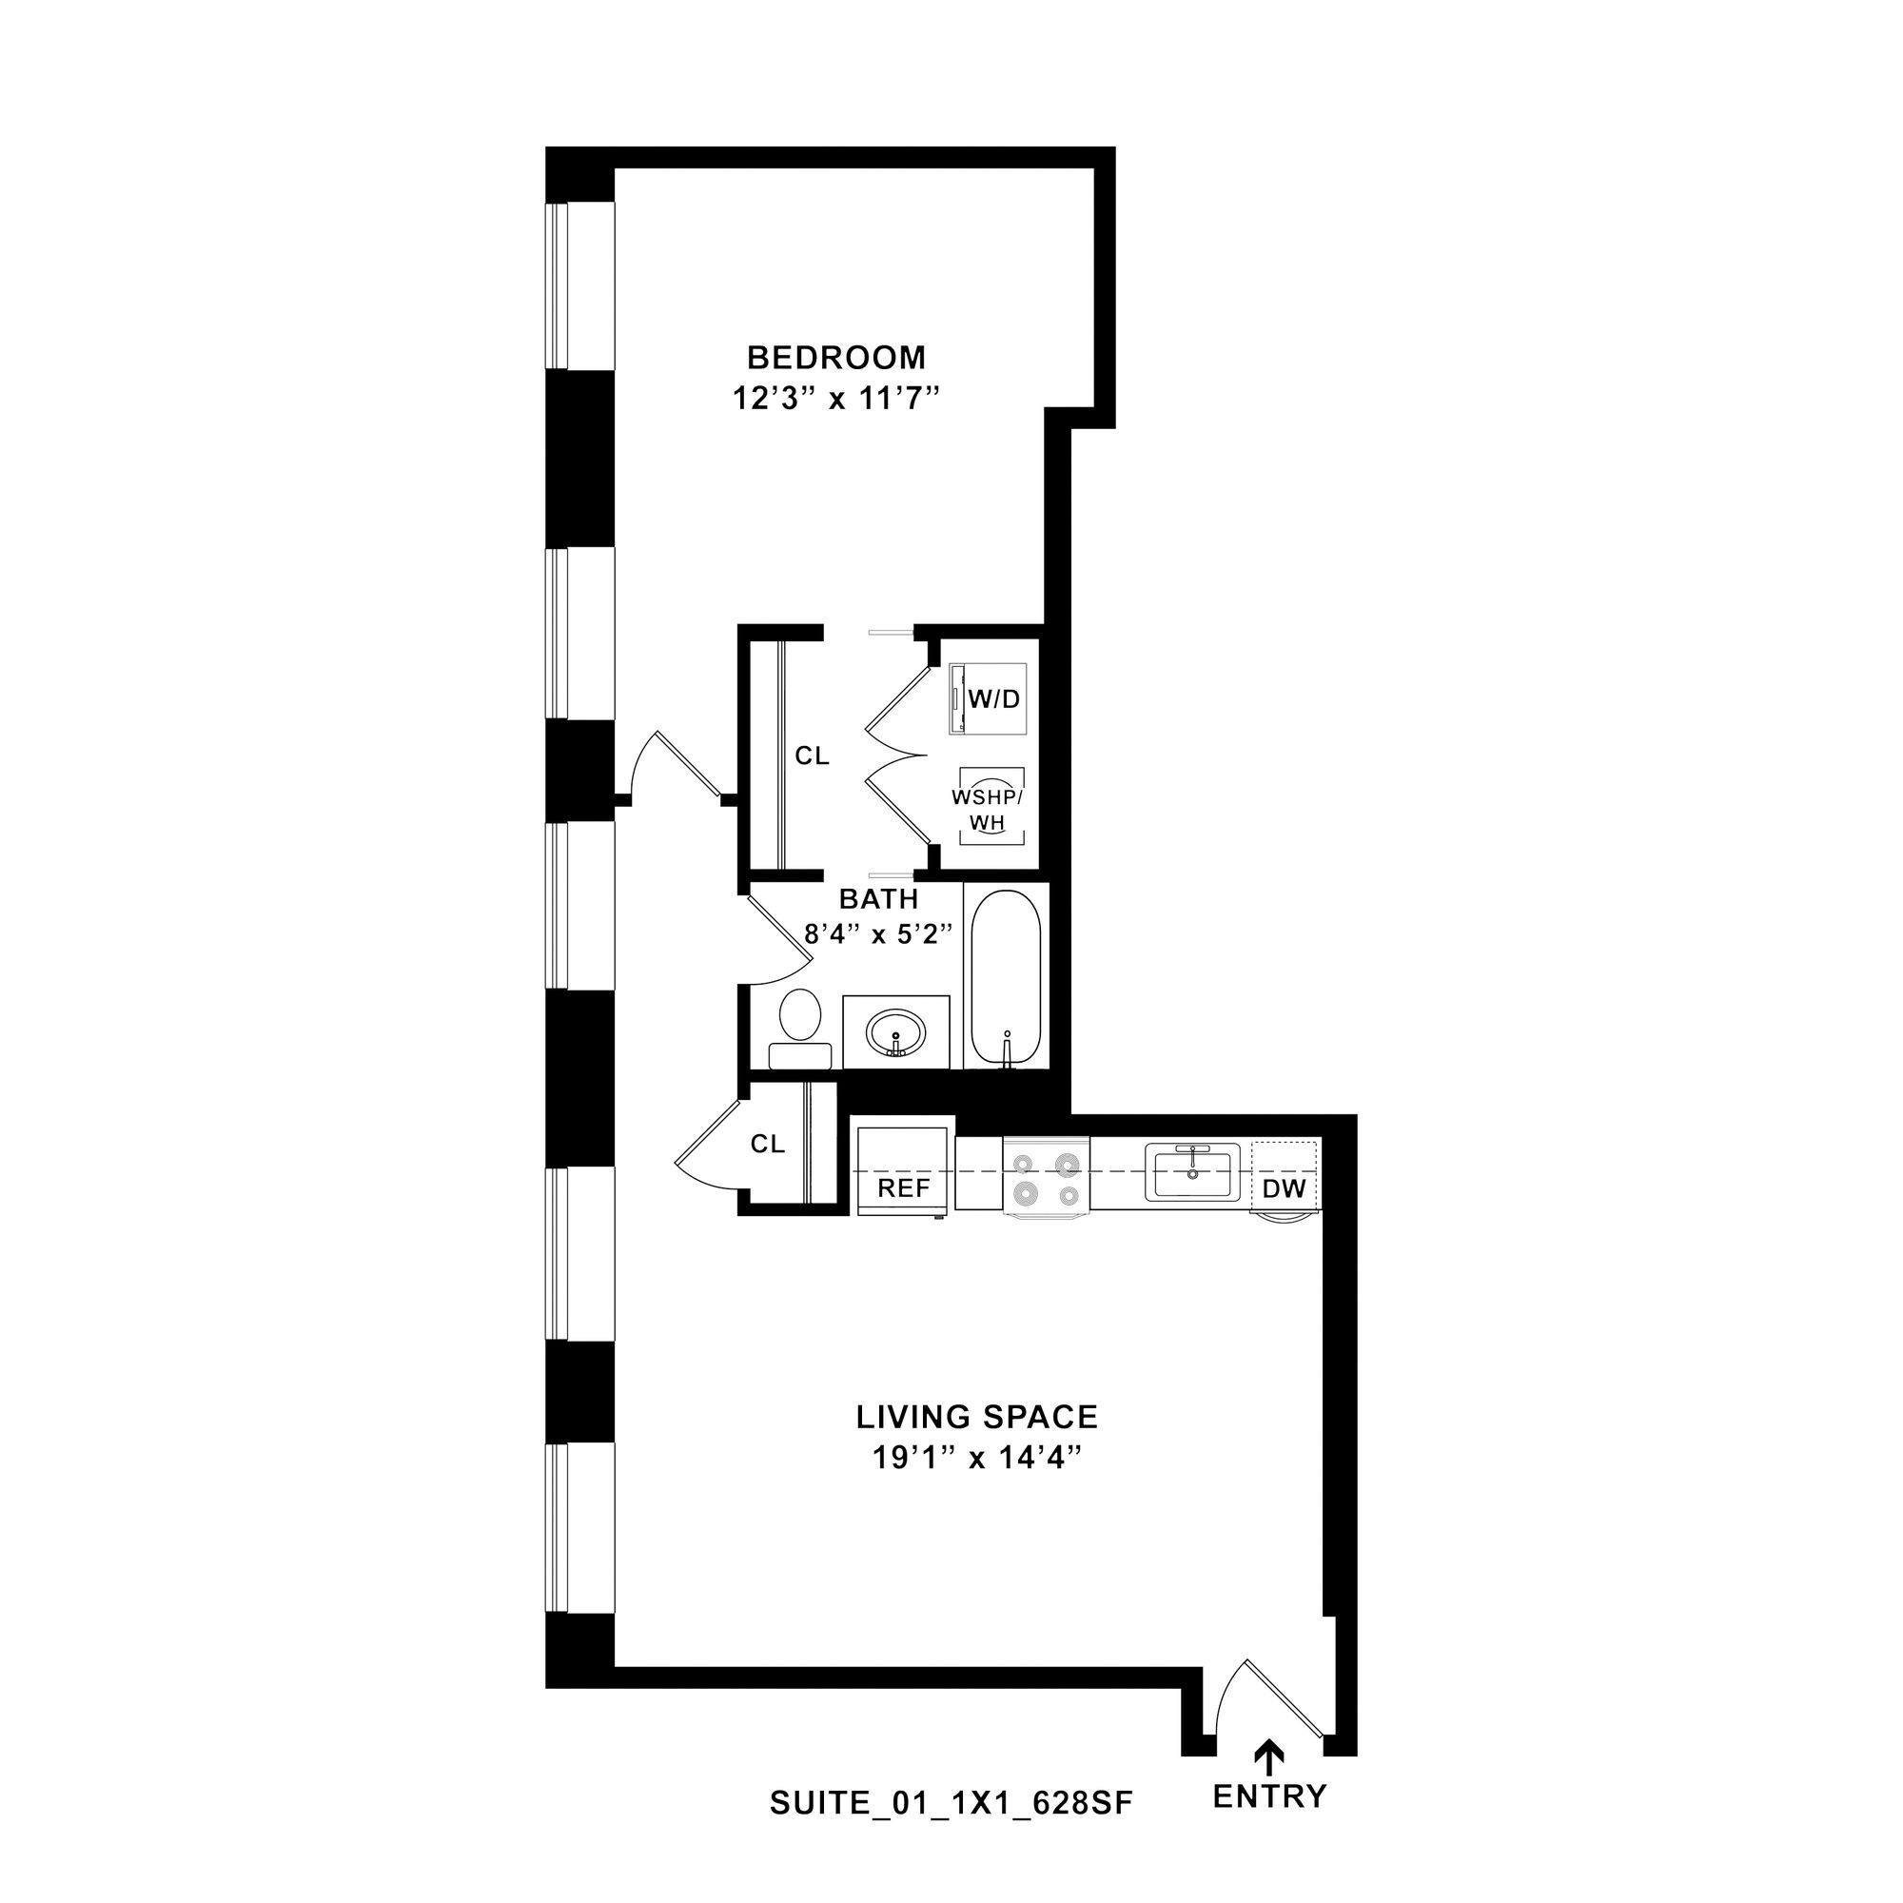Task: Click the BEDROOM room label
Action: pyautogui.click(x=835, y=356)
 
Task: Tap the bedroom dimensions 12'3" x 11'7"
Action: pyautogui.click(x=835, y=399)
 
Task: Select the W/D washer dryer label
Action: pyautogui.click(x=994, y=699)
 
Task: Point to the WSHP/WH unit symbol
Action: pyautogui.click(x=991, y=807)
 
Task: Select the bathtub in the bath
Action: pyautogui.click(x=1006, y=974)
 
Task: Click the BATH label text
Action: pyautogui.click(x=878, y=898)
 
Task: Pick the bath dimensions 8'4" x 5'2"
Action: pyautogui.click(x=878, y=933)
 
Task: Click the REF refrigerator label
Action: pyautogui.click(x=903, y=1187)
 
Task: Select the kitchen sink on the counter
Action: pyautogui.click(x=1192, y=1172)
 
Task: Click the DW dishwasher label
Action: pyautogui.click(x=1285, y=1187)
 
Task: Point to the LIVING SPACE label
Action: pyautogui.click(x=976, y=1417)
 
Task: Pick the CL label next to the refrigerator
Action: pyautogui.click(x=767, y=1144)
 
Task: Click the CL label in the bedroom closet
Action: pyautogui.click(x=813, y=755)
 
